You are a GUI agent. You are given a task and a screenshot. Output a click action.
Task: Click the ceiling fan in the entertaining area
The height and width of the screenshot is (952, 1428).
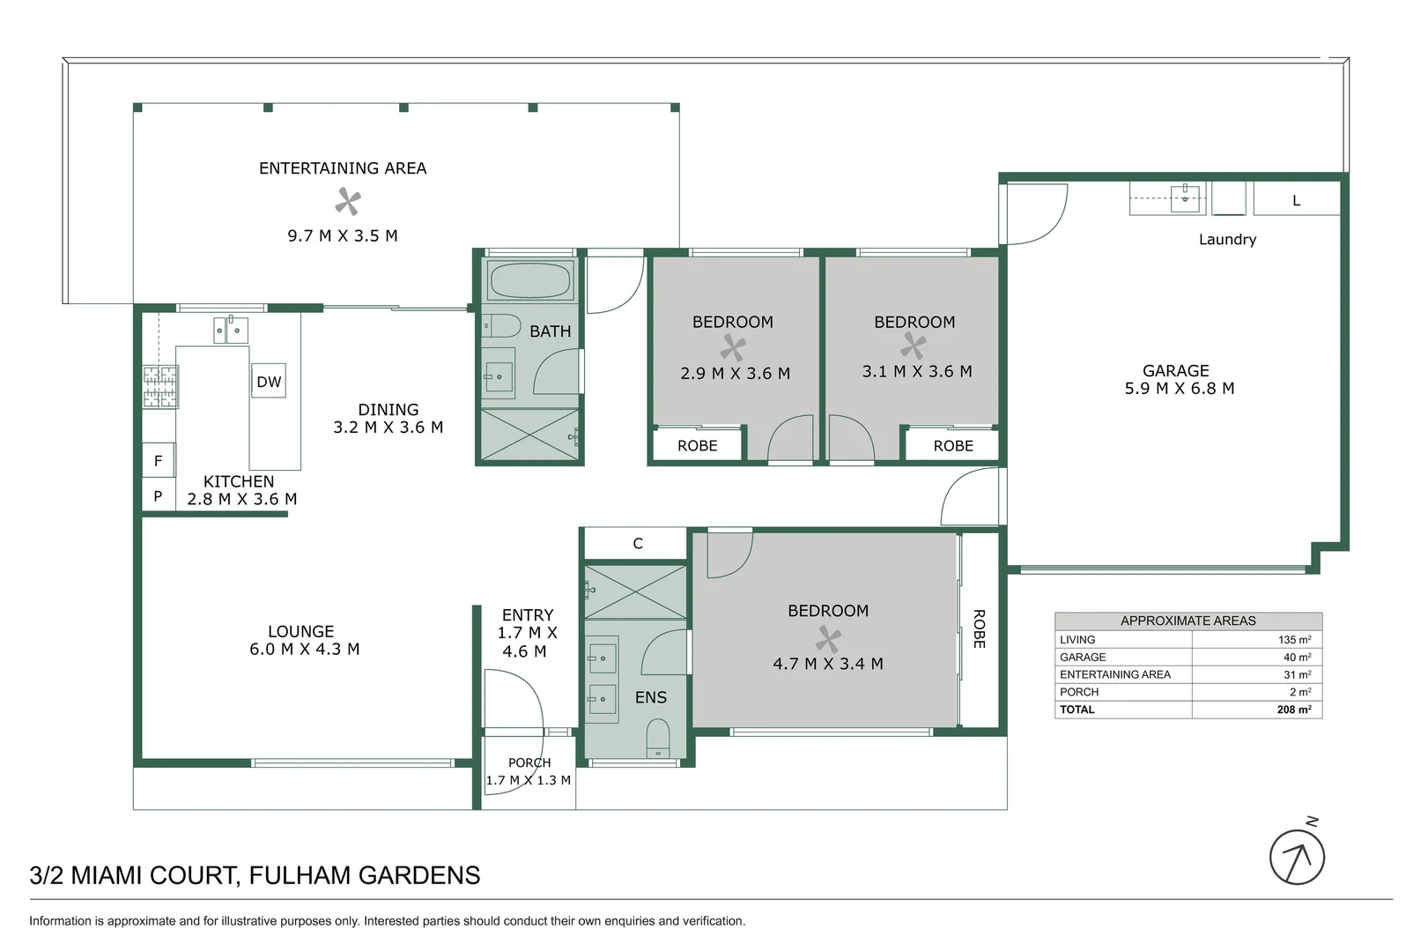point(348,202)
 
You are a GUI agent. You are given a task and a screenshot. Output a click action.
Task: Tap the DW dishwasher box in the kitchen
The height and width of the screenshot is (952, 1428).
point(269,382)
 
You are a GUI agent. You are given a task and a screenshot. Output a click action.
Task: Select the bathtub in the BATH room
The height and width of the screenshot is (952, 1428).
point(530,280)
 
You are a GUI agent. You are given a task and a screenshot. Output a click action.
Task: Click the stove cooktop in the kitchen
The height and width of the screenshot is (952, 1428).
point(161,387)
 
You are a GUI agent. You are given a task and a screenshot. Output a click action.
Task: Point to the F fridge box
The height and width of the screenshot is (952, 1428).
point(159,460)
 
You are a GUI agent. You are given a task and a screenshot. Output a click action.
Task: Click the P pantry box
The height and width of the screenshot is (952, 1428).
point(159,496)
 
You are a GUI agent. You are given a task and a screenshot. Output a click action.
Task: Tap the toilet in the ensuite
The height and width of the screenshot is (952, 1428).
point(658,737)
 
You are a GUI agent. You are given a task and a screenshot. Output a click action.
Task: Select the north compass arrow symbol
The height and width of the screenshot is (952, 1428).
point(1297,857)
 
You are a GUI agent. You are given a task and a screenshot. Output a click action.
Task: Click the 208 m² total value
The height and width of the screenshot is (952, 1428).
point(1293,710)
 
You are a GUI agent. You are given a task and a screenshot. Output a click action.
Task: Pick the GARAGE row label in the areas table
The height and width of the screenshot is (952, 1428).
point(1083,658)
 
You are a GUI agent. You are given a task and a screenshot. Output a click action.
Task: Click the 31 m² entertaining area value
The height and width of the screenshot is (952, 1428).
point(1297,675)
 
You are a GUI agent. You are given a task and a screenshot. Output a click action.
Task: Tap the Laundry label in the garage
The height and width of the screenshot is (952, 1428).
point(1227,240)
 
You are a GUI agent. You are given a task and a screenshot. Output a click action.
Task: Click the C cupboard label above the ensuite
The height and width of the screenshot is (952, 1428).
point(638,544)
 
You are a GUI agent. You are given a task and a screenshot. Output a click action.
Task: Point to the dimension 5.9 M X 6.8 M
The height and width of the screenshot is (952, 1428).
point(1179,389)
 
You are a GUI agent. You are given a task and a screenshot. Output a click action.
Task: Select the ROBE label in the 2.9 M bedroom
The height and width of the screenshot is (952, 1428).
point(697,446)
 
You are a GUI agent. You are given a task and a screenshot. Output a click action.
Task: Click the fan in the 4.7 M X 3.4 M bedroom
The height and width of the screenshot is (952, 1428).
point(828,639)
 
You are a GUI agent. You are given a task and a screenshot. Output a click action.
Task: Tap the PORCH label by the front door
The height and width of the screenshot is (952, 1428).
point(529,762)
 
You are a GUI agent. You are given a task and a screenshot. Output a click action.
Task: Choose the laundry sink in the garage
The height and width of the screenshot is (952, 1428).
point(1185,196)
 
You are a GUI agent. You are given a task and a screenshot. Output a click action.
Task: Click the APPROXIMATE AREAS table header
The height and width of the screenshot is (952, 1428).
point(1188,621)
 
